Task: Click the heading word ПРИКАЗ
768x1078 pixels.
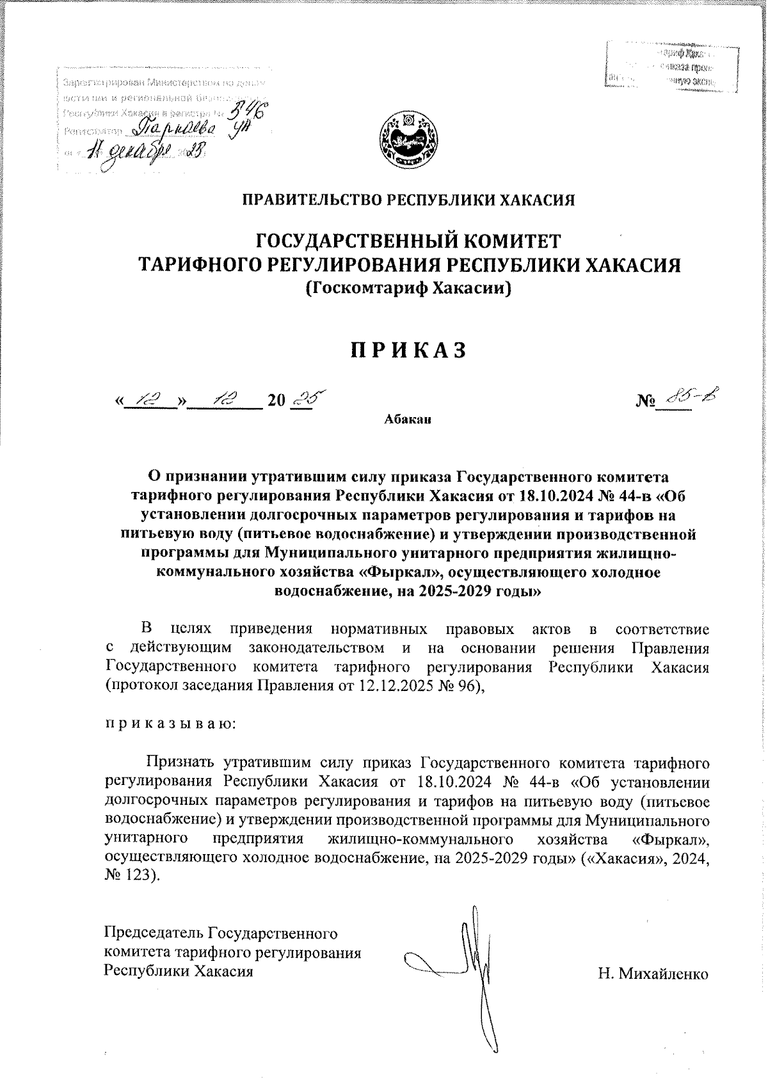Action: (x=409, y=350)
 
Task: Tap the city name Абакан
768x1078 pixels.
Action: (x=408, y=420)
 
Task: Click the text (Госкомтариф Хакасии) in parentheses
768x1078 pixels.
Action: (x=408, y=289)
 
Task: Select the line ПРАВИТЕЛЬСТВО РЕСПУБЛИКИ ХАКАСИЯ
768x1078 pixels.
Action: (x=408, y=200)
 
